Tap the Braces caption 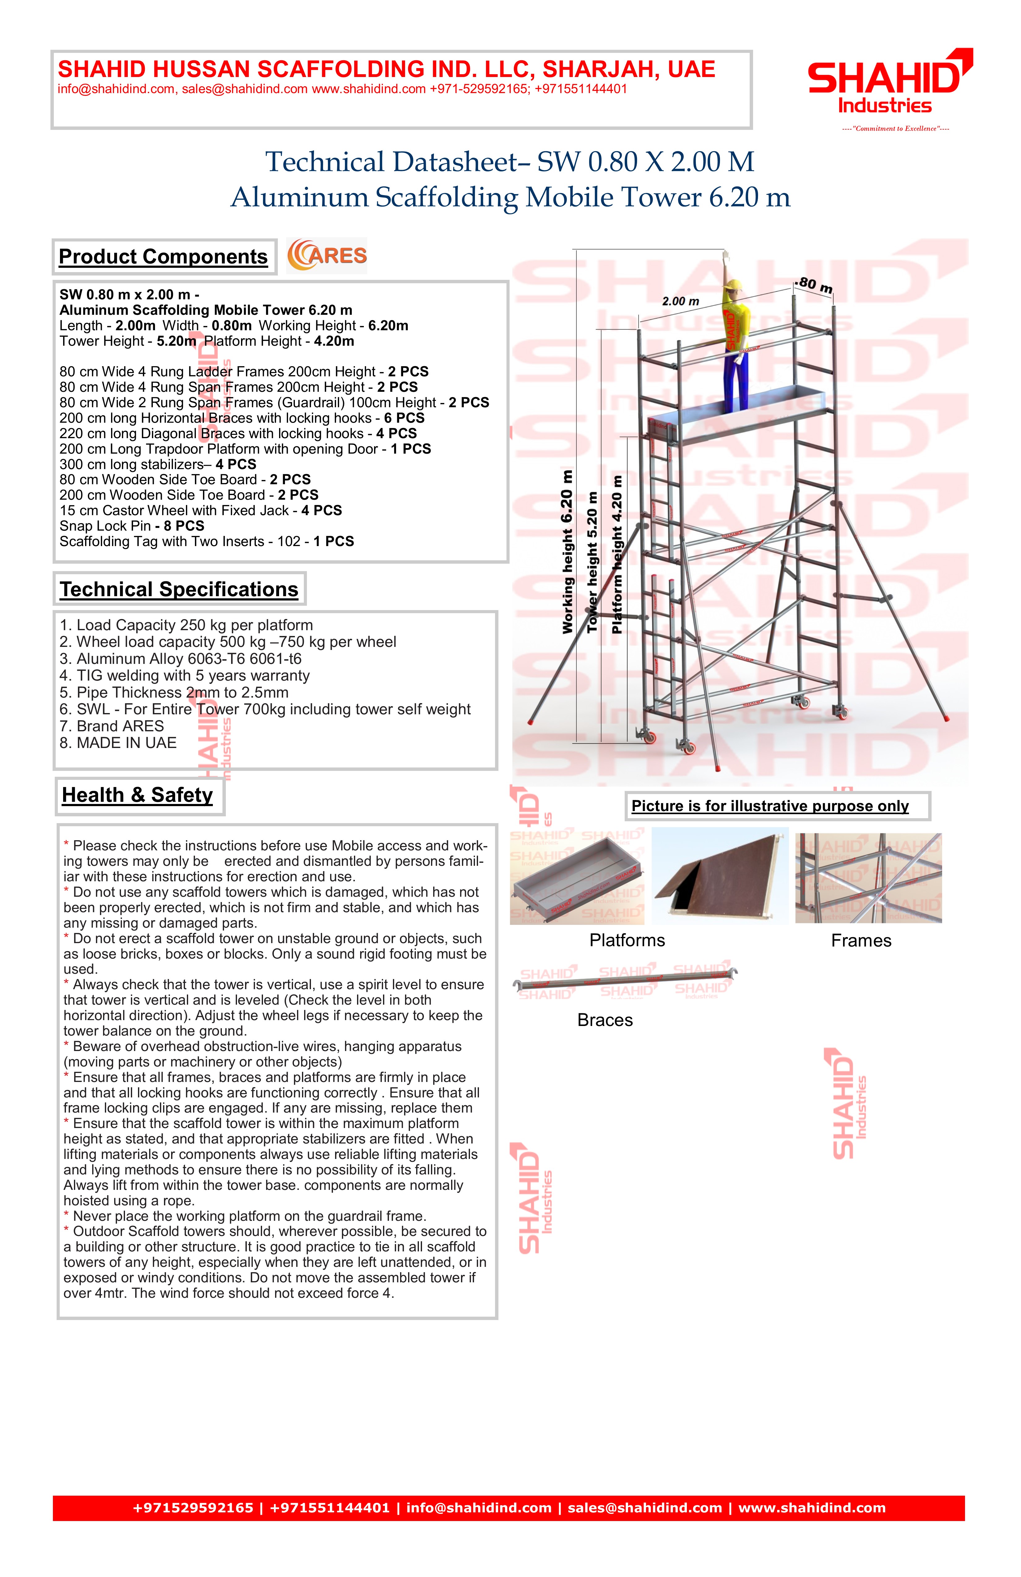605,1020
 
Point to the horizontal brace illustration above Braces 625,981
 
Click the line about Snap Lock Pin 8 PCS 132,526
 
